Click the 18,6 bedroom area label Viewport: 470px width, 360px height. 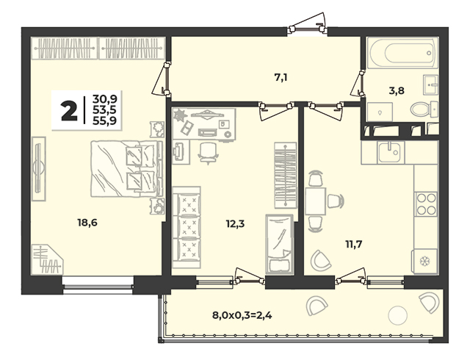(x=87, y=223)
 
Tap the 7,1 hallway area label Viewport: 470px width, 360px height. (x=281, y=78)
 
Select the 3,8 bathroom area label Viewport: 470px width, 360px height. (x=397, y=90)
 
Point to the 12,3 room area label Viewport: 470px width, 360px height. (x=235, y=224)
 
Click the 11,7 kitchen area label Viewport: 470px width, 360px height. (x=354, y=245)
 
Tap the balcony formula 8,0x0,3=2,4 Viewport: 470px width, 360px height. (x=242, y=315)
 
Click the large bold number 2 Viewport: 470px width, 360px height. (x=69, y=110)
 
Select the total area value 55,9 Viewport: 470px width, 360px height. (x=104, y=120)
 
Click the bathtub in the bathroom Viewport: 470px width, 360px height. (x=402, y=53)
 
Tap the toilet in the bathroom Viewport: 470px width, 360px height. (x=424, y=109)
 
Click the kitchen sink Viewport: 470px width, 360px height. (x=388, y=152)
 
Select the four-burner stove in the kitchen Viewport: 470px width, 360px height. (x=426, y=204)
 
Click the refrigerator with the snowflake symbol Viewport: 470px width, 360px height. (x=424, y=262)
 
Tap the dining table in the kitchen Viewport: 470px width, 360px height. (x=316, y=201)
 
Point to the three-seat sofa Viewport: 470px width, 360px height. (x=187, y=227)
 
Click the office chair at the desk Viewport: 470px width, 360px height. (x=209, y=153)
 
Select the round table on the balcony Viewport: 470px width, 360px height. (x=398, y=315)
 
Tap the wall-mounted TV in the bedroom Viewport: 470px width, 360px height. (x=39, y=168)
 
